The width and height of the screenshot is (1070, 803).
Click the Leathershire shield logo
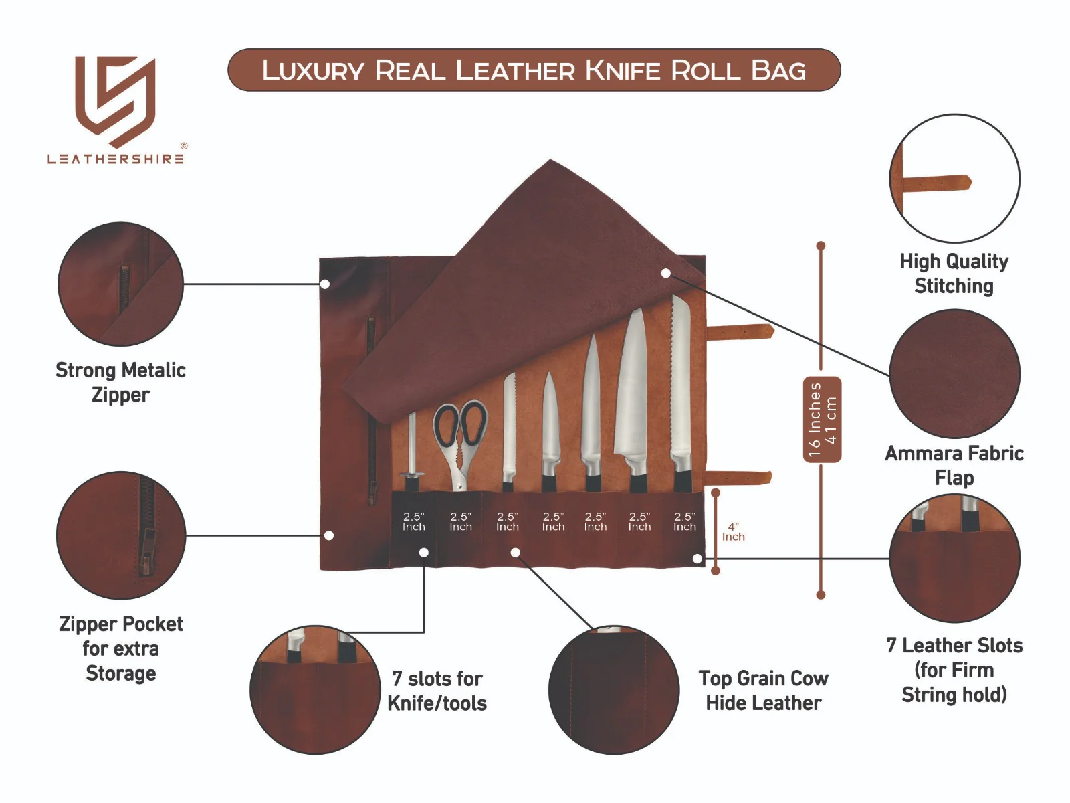click(116, 100)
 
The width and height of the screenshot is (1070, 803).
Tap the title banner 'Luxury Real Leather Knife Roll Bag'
click(534, 70)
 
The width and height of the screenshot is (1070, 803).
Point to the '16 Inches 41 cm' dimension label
click(822, 420)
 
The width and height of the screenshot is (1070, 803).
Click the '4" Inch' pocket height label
click(733, 532)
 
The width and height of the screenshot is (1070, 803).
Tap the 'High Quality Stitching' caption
click(954, 274)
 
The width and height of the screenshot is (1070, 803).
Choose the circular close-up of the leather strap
click(954, 179)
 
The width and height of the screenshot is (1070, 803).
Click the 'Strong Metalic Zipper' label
click(120, 382)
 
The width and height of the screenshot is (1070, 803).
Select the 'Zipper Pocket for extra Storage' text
click(120, 648)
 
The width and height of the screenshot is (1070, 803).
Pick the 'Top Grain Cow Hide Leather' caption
click(763, 691)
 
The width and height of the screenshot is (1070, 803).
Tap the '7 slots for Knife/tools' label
click(437, 691)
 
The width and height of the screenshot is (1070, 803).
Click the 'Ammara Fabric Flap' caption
click(954, 465)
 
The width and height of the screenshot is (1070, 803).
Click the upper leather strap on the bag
click(740, 331)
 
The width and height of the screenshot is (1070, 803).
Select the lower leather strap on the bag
click(738, 478)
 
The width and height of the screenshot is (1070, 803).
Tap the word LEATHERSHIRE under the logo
click(116, 159)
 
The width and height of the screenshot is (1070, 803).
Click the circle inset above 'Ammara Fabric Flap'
click(954, 374)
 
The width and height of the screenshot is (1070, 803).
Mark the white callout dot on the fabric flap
click(665, 273)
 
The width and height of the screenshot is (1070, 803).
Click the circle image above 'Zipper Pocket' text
click(120, 535)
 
